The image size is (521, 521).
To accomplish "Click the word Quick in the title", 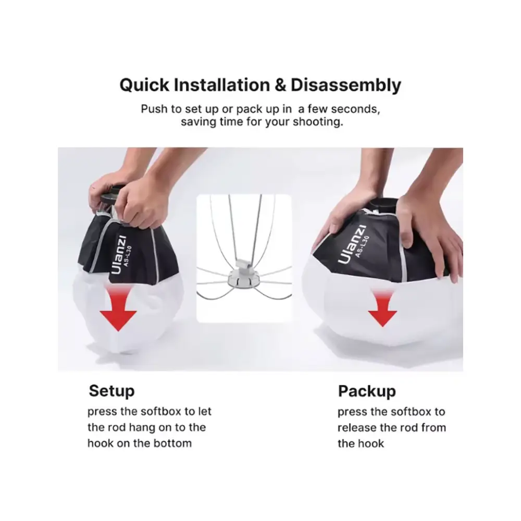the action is (x=144, y=85).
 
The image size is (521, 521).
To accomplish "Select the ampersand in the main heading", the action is (x=280, y=85).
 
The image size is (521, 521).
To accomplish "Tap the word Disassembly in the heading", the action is (x=346, y=85).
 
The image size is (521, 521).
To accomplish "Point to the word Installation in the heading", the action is (x=222, y=85).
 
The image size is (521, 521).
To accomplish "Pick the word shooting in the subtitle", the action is (x=318, y=122).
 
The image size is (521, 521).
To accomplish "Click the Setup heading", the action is (x=111, y=391).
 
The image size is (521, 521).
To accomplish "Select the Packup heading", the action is (x=367, y=391).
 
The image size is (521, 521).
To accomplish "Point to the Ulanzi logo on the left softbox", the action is (x=118, y=255).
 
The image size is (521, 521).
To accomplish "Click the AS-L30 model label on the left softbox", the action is (x=128, y=256).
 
